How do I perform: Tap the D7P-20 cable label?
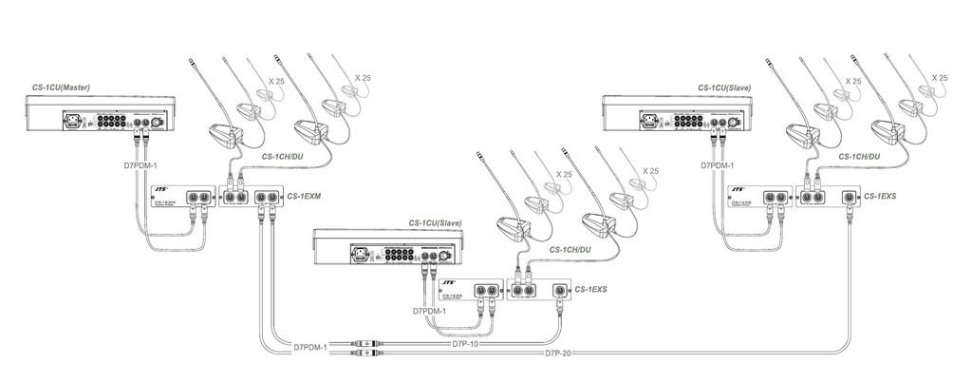pos(560,354)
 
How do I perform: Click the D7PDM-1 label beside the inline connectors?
pos(307,348)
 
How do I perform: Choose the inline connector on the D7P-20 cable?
pos(364,354)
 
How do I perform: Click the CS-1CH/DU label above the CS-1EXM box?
pos(284,155)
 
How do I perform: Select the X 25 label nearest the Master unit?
pos(276,82)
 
